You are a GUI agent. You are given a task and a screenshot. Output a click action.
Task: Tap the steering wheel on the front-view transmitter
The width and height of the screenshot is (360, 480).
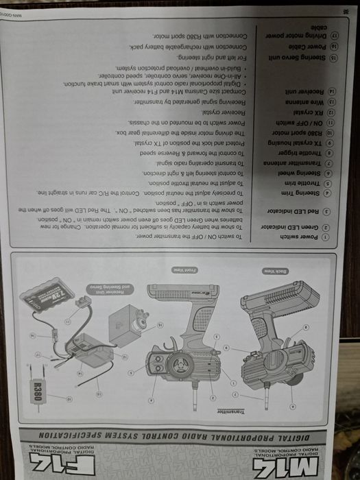[x=180, y=364]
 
